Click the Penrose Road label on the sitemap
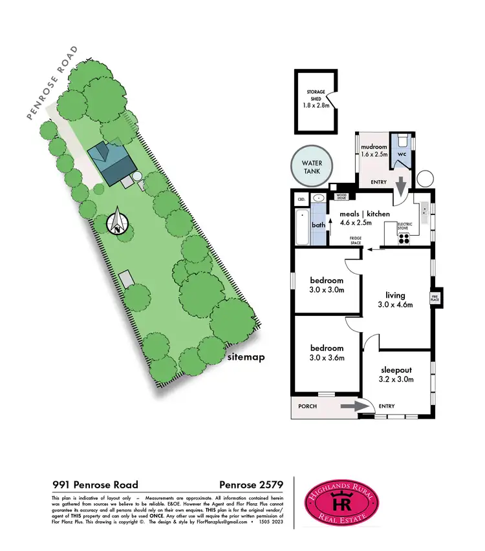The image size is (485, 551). (52, 82)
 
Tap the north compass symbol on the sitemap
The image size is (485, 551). (118, 222)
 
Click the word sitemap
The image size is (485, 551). (248, 357)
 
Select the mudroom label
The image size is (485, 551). (373, 150)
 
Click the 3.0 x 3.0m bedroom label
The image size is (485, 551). (327, 285)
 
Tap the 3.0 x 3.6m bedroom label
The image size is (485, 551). (327, 353)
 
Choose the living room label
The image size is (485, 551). (396, 300)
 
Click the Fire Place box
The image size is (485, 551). (435, 297)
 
